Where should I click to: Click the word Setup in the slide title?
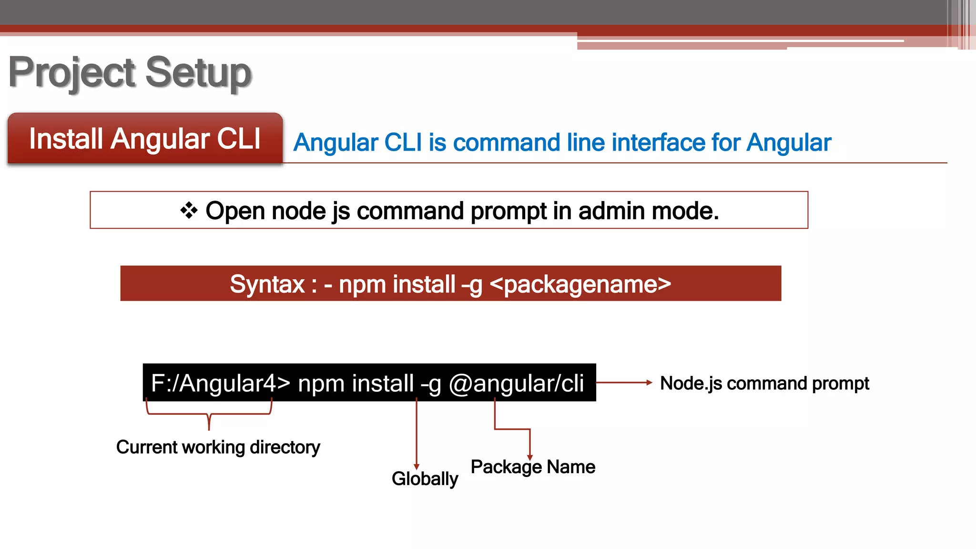(198, 72)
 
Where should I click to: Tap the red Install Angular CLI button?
(145, 139)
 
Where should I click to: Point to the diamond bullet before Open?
(189, 210)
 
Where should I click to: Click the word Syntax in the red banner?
(267, 284)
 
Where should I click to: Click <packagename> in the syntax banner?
(580, 284)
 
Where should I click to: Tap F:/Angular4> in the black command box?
(220, 383)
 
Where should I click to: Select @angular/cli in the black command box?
(516, 383)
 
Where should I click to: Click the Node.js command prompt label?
(764, 383)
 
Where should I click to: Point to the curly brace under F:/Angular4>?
(209, 414)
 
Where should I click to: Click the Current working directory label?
(218, 447)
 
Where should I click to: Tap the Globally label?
(425, 478)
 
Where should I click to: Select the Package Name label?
(532, 467)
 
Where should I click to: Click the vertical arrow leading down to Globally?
(417, 434)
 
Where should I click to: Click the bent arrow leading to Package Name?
(512, 429)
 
